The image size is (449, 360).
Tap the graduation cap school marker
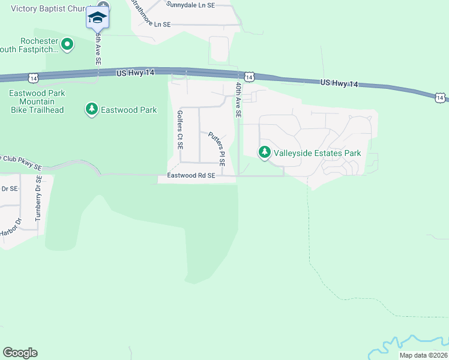tap(97, 17)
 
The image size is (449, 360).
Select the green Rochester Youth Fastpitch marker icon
tap(67, 44)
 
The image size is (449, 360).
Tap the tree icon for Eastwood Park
tap(91, 109)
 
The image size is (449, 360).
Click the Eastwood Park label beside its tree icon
tap(128, 110)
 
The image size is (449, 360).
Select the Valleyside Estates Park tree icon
tap(264, 153)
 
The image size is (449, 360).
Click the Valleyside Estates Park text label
tap(317, 153)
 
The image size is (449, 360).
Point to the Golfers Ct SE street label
tap(180, 130)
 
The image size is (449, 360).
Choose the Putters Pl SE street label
tap(216, 148)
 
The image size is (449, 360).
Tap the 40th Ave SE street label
tap(239, 101)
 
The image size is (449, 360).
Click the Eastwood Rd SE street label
tap(191, 175)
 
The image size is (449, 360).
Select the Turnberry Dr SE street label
tap(38, 199)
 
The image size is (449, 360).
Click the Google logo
tap(20, 353)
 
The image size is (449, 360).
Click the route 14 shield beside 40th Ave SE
tap(249, 76)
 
